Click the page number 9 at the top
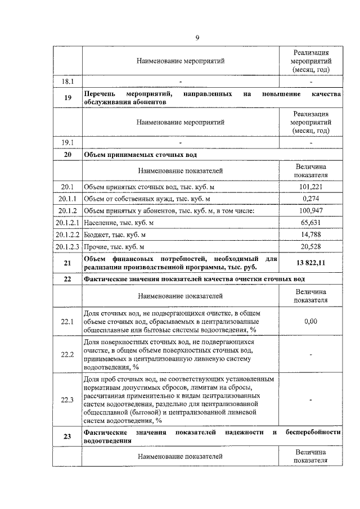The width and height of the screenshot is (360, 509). pos(197,38)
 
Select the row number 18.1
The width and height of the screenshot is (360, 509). pos(67,82)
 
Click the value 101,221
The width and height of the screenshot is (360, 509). pos(311,186)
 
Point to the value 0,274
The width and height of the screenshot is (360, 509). pos(311,199)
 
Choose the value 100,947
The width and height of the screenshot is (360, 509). pos(311,210)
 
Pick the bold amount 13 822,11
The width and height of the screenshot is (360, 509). pos(311,262)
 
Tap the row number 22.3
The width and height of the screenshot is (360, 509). pos(67,399)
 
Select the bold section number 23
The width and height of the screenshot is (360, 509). pos(67,436)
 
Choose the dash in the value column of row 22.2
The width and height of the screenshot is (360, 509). pos(311,355)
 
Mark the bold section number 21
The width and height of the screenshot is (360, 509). pos(67,262)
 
